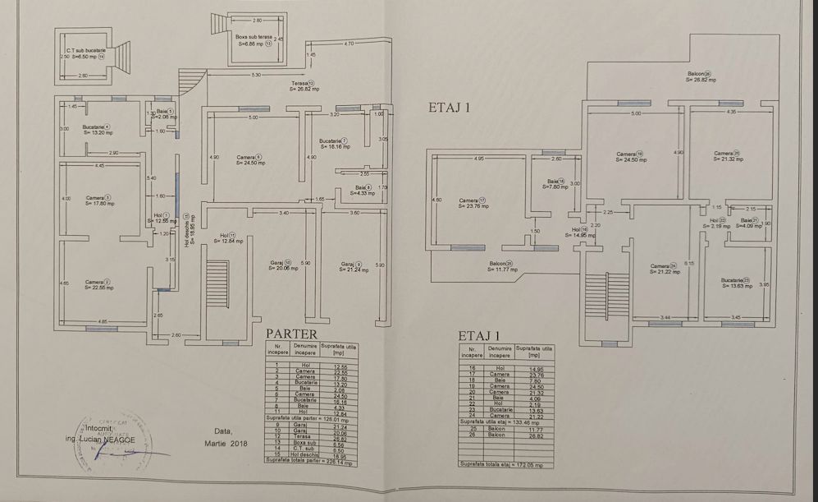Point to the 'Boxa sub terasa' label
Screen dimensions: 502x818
point(254,40)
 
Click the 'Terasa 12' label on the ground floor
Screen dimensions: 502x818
point(303,85)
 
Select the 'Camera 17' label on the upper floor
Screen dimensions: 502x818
point(473,202)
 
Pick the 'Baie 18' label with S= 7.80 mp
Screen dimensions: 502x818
point(555,184)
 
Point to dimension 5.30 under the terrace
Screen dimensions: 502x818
point(256,75)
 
